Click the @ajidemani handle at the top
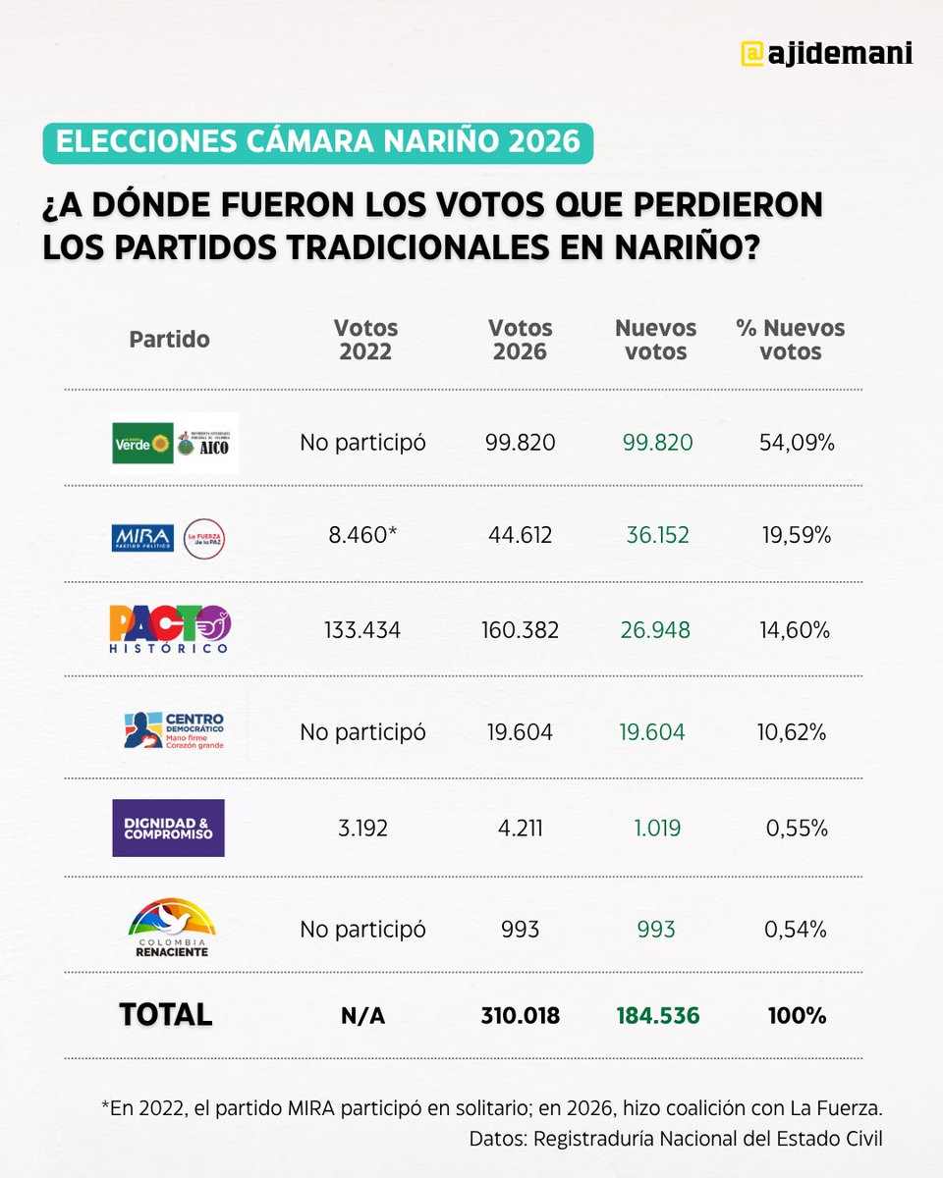(826, 53)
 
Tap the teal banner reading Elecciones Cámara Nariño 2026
(318, 141)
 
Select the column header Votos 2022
(365, 340)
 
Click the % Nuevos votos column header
(791, 340)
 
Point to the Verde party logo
(142, 443)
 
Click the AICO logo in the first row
(206, 443)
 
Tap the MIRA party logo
(142, 537)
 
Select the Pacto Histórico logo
(170, 629)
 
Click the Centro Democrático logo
(175, 729)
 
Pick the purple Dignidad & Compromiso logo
(168, 828)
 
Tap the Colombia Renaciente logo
(173, 927)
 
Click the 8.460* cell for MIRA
(362, 536)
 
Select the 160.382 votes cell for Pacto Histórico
(520, 629)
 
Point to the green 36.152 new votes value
(657, 536)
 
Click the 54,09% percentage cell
(797, 443)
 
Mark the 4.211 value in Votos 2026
(520, 828)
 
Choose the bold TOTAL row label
(165, 1015)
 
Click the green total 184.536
(657, 1016)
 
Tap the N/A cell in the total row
(362, 1016)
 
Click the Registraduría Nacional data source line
(676, 1139)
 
